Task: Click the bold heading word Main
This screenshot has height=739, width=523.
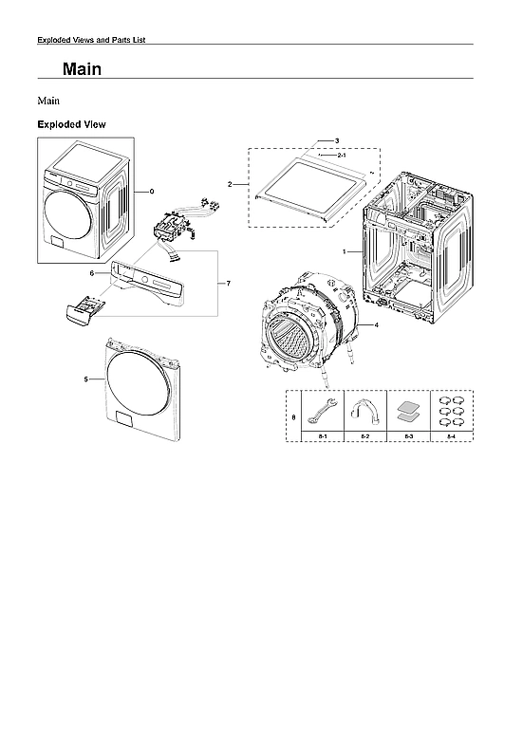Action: coord(82,69)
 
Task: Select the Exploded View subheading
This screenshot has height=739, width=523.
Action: coord(71,124)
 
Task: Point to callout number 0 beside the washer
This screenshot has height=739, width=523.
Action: coord(151,191)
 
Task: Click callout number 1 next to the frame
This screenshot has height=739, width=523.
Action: coord(345,251)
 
